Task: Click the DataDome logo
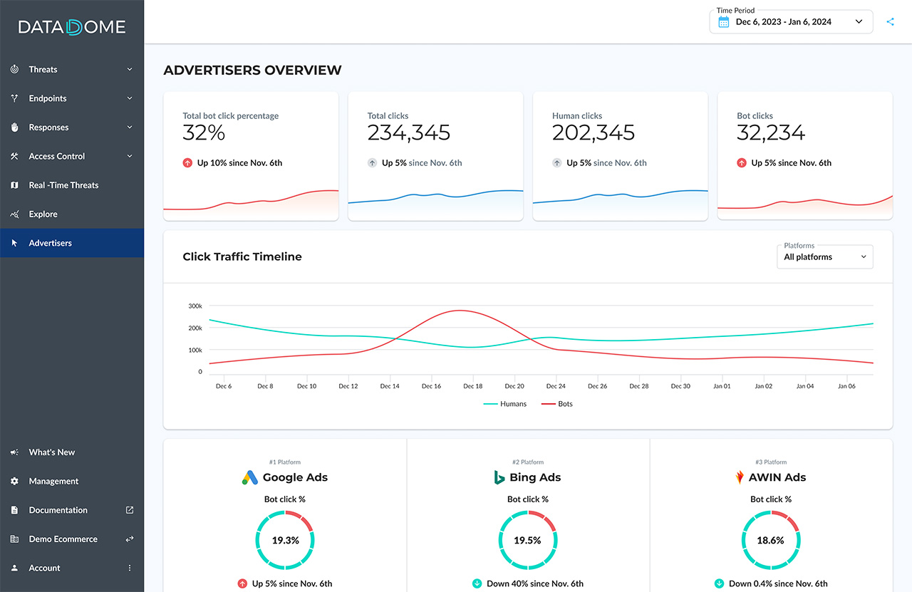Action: pos(72,28)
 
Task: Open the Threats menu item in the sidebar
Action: pos(43,69)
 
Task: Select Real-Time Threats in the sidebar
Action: pos(63,185)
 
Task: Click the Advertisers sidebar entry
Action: pos(50,243)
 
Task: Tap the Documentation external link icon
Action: pos(130,510)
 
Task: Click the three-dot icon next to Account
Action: pos(130,568)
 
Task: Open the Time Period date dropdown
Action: pos(791,22)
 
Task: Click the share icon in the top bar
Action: pos(890,22)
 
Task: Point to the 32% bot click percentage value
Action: pos(204,133)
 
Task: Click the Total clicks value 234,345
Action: pos(408,133)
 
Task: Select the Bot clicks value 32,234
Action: pos(771,133)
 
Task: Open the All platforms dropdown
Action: pos(824,256)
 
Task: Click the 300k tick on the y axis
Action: pos(195,306)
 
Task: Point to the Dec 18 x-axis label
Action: pos(472,386)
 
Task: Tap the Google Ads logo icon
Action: pos(249,478)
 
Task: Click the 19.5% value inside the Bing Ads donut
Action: pos(527,541)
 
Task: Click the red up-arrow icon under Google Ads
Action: pos(242,583)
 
